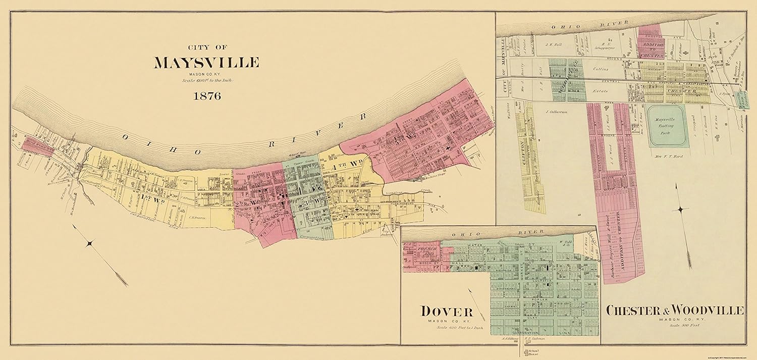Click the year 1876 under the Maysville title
click(x=206, y=96)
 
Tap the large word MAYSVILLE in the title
click(x=206, y=63)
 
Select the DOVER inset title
click(x=447, y=311)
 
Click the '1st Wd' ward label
click(x=153, y=196)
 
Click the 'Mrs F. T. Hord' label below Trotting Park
click(x=669, y=157)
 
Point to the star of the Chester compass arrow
click(x=681, y=210)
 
